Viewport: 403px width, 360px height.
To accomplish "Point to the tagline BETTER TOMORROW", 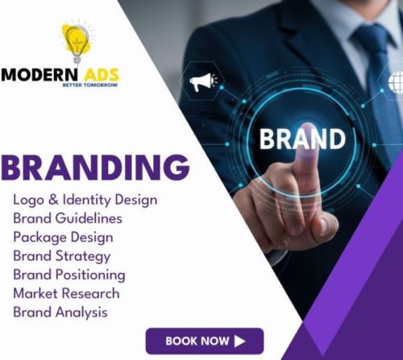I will pyautogui.click(x=89, y=85).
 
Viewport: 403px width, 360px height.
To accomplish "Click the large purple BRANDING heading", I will pyautogui.click(x=95, y=167).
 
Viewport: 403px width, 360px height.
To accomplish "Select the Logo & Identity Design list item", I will pyautogui.click(x=85, y=199).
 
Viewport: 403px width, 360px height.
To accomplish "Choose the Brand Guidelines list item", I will pyautogui.click(x=68, y=217).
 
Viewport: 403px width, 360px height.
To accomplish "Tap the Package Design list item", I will pyautogui.click(x=63, y=237).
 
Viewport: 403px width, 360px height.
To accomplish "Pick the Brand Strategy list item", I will pyautogui.click(x=61, y=255).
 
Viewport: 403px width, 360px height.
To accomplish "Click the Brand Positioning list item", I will pyautogui.click(x=69, y=274).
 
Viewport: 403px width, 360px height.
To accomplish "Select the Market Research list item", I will pyautogui.click(x=65, y=293).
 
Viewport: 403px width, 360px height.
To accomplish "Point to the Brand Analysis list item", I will pyautogui.click(x=60, y=312).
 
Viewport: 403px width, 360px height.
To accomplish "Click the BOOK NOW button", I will pyautogui.click(x=204, y=341).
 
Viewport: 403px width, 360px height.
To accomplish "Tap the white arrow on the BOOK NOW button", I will pyautogui.click(x=240, y=341).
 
